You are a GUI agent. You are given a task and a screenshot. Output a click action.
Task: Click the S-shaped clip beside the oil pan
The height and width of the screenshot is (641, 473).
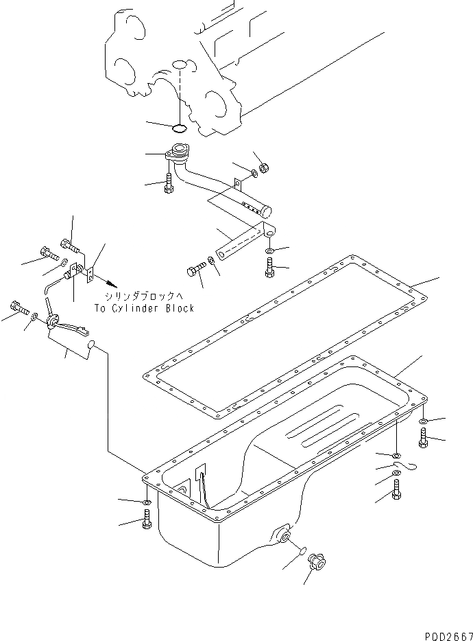[x=409, y=467]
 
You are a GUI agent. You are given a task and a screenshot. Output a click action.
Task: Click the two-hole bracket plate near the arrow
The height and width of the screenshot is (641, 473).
[x=90, y=275]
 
